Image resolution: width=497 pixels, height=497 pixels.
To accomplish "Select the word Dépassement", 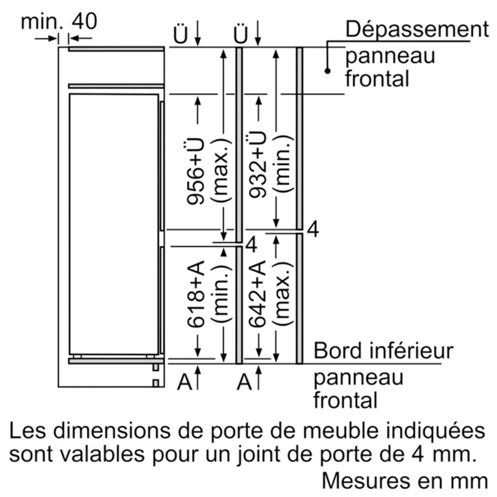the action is point(417,30).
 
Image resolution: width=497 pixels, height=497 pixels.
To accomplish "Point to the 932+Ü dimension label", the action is point(257,165).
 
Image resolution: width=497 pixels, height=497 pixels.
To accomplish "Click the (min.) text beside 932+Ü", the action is point(283,164).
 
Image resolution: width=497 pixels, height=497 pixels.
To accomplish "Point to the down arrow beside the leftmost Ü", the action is point(198,33).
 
